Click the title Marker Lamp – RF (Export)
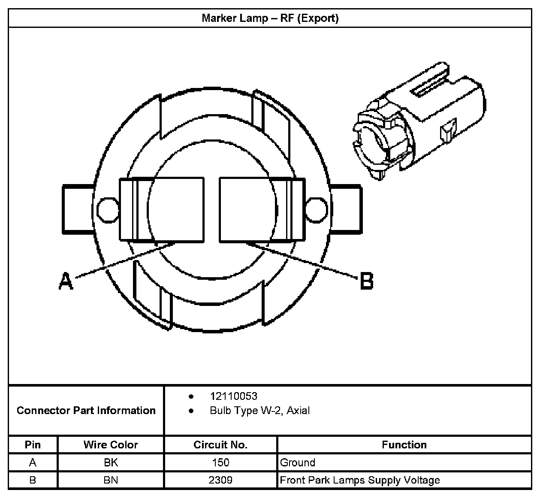tap(270, 18)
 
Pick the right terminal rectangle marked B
tap(262, 210)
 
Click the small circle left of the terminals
tap(107, 209)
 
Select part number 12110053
tap(233, 396)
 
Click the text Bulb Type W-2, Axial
tap(259, 411)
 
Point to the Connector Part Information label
tap(86, 411)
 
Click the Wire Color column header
tap(111, 445)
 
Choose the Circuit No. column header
tap(220, 445)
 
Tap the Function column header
tap(404, 445)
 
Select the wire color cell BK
tap(111, 463)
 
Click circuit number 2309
tap(220, 480)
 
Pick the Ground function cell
tap(298, 463)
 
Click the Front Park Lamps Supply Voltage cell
tap(360, 480)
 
